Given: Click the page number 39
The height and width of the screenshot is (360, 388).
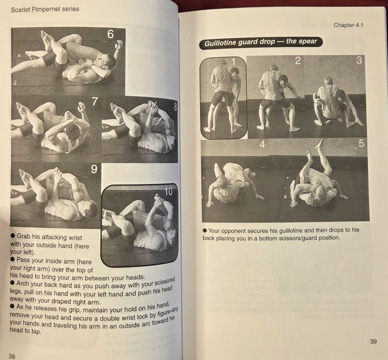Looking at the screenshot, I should tap(373, 341).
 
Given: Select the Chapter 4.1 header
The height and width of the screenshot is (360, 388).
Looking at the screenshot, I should tap(349, 25).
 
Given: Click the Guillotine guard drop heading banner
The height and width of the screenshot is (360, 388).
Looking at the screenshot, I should tap(261, 42).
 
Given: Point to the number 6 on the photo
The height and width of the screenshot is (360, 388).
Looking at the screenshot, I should tap(110, 35).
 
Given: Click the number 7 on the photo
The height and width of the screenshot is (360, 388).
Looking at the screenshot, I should tap(95, 102).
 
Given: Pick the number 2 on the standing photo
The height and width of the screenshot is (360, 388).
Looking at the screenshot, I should tap(297, 61).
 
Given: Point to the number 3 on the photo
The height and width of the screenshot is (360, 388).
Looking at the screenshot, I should tap(359, 60).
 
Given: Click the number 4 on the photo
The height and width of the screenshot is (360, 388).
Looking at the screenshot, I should tap(262, 145).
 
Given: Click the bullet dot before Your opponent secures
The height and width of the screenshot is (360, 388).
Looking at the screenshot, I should tap(205, 230).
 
